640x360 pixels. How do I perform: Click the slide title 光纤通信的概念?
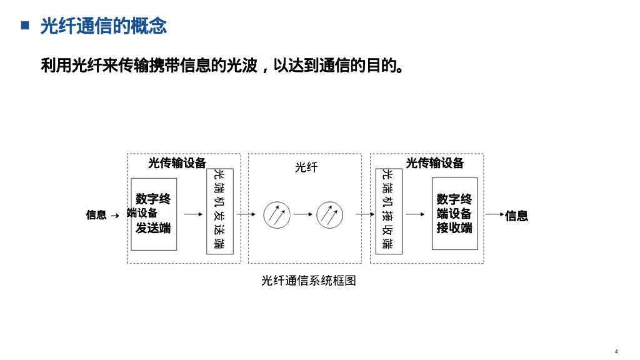click(x=104, y=26)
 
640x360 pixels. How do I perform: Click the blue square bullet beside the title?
click(x=26, y=26)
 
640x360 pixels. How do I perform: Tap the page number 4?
click(x=616, y=351)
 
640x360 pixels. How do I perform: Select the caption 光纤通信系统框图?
click(x=309, y=281)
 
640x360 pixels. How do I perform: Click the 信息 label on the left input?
click(x=96, y=215)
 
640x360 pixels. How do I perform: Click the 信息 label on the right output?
click(x=517, y=216)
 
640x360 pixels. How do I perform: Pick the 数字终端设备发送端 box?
click(x=154, y=214)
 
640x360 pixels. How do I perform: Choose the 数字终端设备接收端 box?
click(x=454, y=214)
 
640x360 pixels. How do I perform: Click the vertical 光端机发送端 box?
click(x=219, y=211)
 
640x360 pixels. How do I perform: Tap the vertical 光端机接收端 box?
click(x=388, y=211)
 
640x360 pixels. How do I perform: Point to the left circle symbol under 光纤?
click(x=276, y=214)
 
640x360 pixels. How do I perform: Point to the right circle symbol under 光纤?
click(x=329, y=214)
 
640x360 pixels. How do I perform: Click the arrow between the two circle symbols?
click(x=303, y=214)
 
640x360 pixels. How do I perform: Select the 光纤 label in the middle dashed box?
click(x=306, y=167)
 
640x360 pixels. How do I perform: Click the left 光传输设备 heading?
click(x=177, y=163)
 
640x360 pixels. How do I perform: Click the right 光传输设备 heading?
click(x=435, y=163)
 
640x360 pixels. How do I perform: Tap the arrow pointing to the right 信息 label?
click(x=494, y=214)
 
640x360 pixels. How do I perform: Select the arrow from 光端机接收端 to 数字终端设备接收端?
click(x=416, y=214)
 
